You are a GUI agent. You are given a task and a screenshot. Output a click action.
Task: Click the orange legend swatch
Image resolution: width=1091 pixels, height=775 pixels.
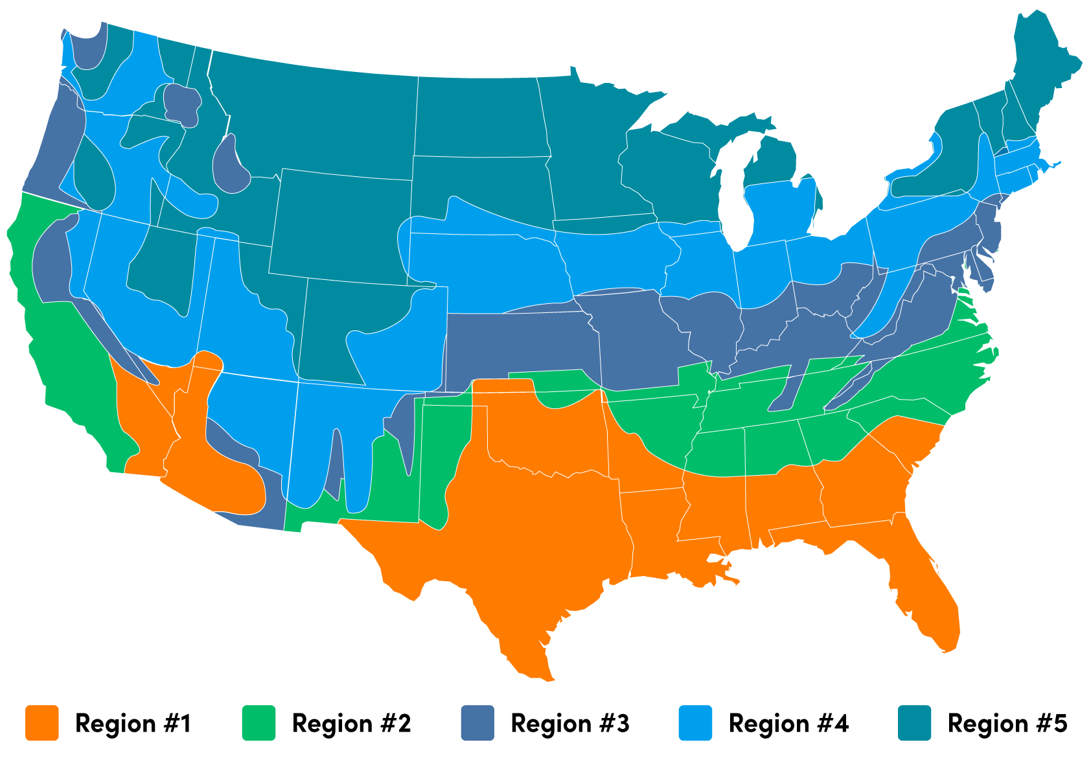pos(42,723)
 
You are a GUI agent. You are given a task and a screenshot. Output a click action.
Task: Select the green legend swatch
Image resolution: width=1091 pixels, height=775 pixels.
pos(258,723)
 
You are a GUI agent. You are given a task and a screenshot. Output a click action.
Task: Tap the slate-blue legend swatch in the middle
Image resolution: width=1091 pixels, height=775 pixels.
pos(477,723)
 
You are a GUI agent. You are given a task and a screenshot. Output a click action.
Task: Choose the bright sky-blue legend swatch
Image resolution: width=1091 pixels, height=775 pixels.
pos(695,723)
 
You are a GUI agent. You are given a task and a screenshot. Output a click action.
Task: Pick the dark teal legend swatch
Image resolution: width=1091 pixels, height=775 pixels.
pos(914,723)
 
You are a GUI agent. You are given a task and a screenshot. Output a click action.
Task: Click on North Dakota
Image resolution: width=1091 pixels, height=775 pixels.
pos(479,117)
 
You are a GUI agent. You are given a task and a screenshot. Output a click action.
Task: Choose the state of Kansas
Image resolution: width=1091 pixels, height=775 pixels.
pos(518,343)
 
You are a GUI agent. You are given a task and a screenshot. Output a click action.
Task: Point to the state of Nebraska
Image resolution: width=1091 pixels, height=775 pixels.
pos(492,266)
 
